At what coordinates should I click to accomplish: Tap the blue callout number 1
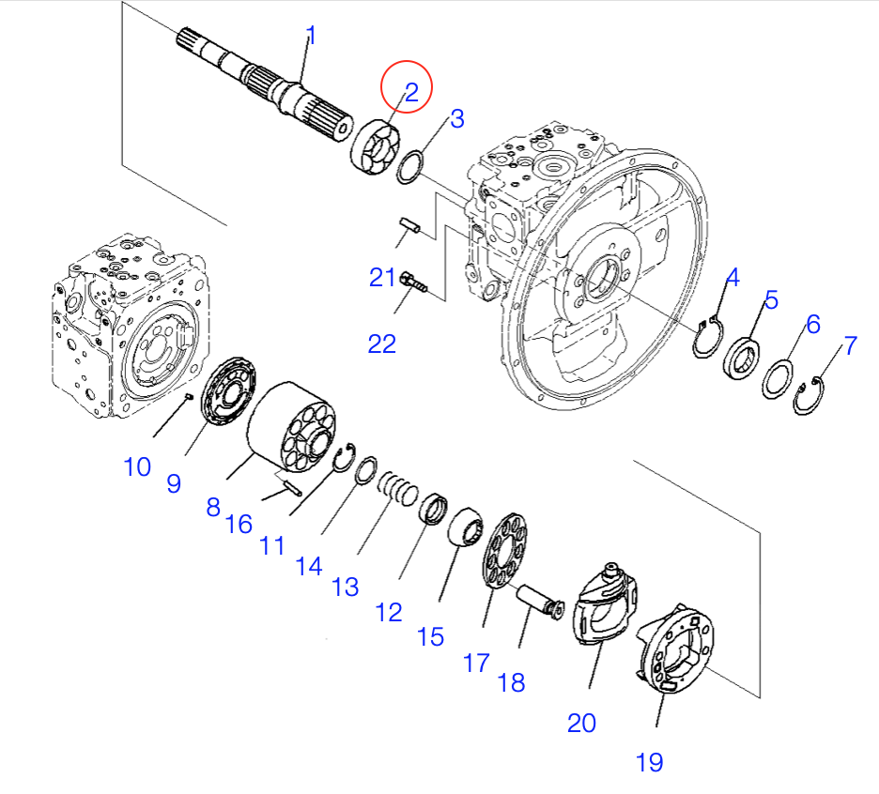tap(311, 37)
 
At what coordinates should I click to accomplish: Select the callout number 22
tap(382, 344)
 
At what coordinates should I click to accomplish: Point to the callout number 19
tap(649, 761)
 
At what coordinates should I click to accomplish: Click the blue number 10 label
tap(137, 466)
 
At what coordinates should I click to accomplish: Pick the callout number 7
tap(850, 345)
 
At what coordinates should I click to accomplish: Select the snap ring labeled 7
tap(806, 395)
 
